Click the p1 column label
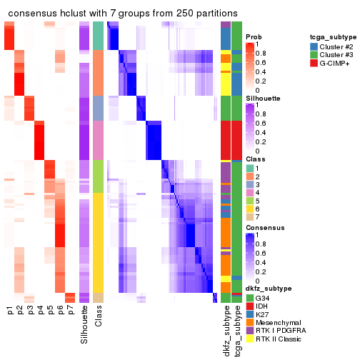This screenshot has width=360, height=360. coord(10,311)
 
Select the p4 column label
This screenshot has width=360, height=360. coord(40,311)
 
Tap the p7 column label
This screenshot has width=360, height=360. coord(70,311)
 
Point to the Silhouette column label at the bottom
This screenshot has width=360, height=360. coord(85,325)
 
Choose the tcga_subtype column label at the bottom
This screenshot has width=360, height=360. coord(236,329)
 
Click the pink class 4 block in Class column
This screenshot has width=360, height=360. coord(99,140)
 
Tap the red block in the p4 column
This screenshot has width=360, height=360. coord(40,140)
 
